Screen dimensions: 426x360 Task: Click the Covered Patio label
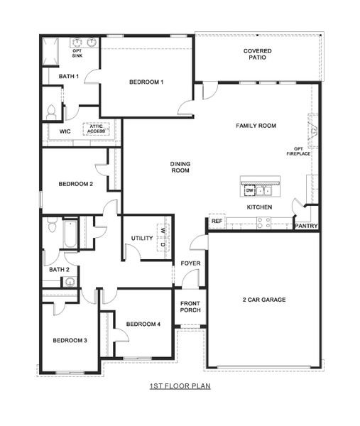258,55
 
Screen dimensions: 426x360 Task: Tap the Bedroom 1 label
146,82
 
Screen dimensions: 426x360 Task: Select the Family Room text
256,126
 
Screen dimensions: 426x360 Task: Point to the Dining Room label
180,167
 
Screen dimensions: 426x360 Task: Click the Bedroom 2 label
76,184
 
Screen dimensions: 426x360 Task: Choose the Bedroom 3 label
70,340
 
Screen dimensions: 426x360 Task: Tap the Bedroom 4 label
143,324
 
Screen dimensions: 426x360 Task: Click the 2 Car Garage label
263,300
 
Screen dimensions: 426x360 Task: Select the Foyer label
190,263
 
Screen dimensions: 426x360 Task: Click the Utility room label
142,238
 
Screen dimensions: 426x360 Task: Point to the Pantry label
306,226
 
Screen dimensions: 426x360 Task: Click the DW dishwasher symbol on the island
249,190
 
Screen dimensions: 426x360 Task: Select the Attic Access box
96,129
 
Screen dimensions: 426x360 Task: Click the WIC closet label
65,131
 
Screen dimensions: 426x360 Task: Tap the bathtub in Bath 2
70,234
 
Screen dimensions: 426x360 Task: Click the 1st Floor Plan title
180,386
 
